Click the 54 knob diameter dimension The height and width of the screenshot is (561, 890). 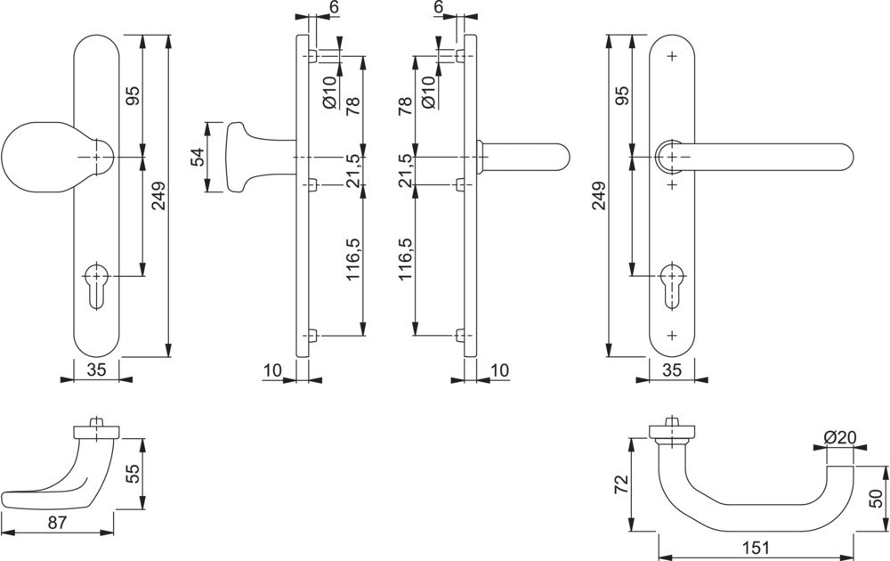(198, 157)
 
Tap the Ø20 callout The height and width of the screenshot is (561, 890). (839, 437)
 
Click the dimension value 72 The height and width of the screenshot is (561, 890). (621, 484)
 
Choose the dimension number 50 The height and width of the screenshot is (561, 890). (877, 500)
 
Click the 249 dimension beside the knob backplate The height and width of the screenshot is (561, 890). (158, 202)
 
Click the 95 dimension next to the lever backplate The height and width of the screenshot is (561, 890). (622, 96)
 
